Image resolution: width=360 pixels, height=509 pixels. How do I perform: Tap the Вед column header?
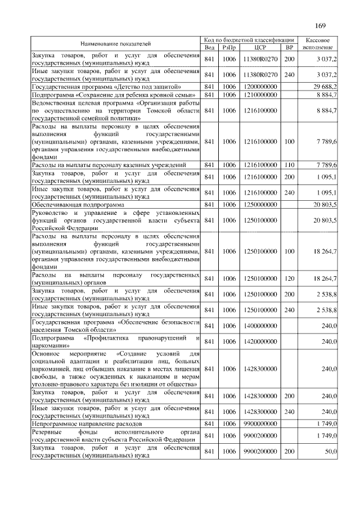pos(209,47)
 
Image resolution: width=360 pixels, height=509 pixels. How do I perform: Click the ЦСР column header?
pos(260,47)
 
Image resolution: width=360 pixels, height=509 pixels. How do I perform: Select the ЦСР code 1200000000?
pos(260,87)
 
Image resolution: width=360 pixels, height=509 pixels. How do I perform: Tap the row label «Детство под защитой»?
pos(106,87)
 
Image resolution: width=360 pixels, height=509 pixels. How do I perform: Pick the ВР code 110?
pos(289,165)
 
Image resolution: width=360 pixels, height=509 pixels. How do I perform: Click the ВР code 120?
pos(289,278)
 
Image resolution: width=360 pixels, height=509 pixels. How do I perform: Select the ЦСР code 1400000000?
pos(260,326)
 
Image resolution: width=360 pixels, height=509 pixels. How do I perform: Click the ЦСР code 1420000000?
pos(260,341)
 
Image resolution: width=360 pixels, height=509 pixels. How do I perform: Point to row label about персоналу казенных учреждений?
pos(109,165)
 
